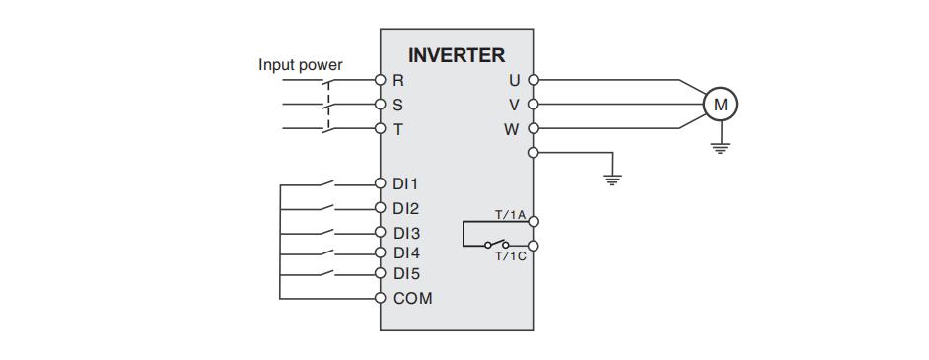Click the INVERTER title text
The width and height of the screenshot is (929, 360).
pyautogui.click(x=456, y=55)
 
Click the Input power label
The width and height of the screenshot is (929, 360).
pyautogui.click(x=301, y=65)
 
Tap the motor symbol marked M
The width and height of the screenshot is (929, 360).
pyautogui.click(x=719, y=103)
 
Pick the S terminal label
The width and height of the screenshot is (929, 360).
pyautogui.click(x=398, y=105)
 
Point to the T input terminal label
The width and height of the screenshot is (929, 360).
pyautogui.click(x=398, y=129)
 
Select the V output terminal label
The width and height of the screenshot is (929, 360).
pyautogui.click(x=514, y=105)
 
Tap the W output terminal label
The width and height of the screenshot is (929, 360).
pyautogui.click(x=511, y=129)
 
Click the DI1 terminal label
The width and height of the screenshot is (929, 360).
pyautogui.click(x=405, y=183)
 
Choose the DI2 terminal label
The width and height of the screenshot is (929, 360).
pyautogui.click(x=405, y=208)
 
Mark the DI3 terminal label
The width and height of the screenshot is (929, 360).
pyautogui.click(x=405, y=234)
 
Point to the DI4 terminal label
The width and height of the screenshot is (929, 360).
pyautogui.click(x=405, y=252)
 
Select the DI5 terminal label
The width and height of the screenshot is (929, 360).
pyautogui.click(x=405, y=273)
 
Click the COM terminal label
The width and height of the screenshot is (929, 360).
pyautogui.click(x=412, y=298)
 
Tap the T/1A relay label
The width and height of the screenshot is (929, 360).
pyautogui.click(x=510, y=213)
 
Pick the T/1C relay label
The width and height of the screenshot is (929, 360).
pyautogui.click(x=510, y=256)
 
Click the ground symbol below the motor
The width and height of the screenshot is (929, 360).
pyautogui.click(x=719, y=147)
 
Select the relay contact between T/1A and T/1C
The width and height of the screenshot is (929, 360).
pyautogui.click(x=495, y=244)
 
